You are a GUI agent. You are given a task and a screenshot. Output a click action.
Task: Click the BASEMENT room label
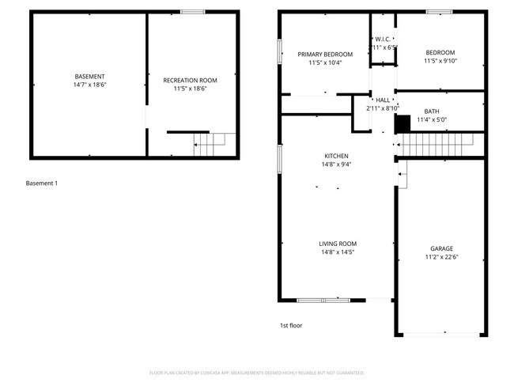(x=89, y=76)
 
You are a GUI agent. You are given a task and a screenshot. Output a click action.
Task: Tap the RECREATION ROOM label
(x=190, y=80)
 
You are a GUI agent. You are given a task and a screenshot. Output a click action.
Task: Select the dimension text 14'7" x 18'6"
(x=89, y=84)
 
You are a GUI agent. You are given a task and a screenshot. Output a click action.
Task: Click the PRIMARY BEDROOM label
(x=325, y=55)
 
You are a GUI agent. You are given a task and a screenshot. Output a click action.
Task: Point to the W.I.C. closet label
(x=383, y=39)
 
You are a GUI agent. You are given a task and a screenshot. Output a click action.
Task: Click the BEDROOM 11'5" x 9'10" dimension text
(x=440, y=61)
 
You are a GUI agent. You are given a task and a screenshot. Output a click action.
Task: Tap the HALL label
(x=383, y=100)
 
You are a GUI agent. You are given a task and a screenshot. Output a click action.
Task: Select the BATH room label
(x=432, y=112)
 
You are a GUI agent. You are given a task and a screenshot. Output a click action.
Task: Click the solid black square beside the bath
(x=403, y=123)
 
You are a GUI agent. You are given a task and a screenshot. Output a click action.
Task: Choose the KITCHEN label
(x=336, y=156)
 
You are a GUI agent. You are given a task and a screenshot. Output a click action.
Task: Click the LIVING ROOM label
(x=338, y=244)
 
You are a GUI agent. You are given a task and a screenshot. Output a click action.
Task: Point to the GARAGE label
(x=442, y=248)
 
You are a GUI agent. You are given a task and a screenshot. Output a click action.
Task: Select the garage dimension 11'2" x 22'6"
(x=442, y=256)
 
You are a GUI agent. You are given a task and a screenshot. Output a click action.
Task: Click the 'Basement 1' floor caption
(x=42, y=184)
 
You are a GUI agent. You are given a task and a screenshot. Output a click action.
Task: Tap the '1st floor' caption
(x=291, y=325)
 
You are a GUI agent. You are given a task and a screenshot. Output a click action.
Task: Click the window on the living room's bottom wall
(x=323, y=300)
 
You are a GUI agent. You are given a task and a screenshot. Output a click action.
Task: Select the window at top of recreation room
(x=192, y=12)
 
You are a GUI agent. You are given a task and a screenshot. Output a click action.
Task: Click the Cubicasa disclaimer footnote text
(x=257, y=373)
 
